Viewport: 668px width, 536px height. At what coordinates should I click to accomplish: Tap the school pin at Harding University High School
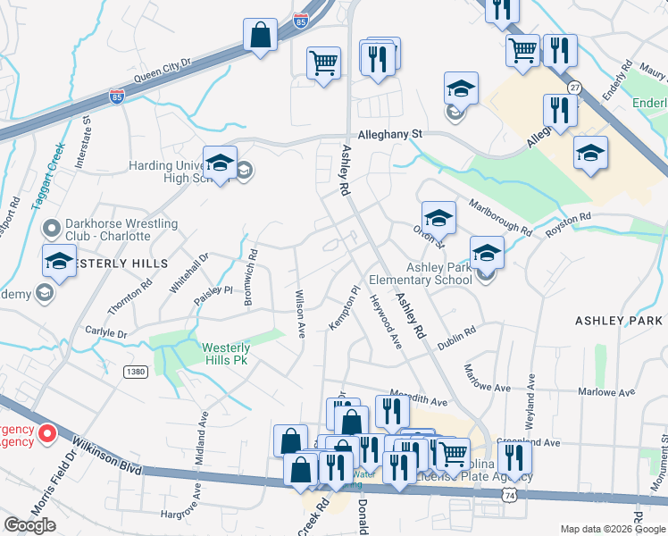220,163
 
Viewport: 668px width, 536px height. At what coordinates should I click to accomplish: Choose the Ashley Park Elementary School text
439,273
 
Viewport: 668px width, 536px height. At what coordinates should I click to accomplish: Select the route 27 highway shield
574,87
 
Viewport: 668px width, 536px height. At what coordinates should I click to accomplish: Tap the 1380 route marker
135,371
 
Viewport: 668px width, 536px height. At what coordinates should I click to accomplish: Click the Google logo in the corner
29,524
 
